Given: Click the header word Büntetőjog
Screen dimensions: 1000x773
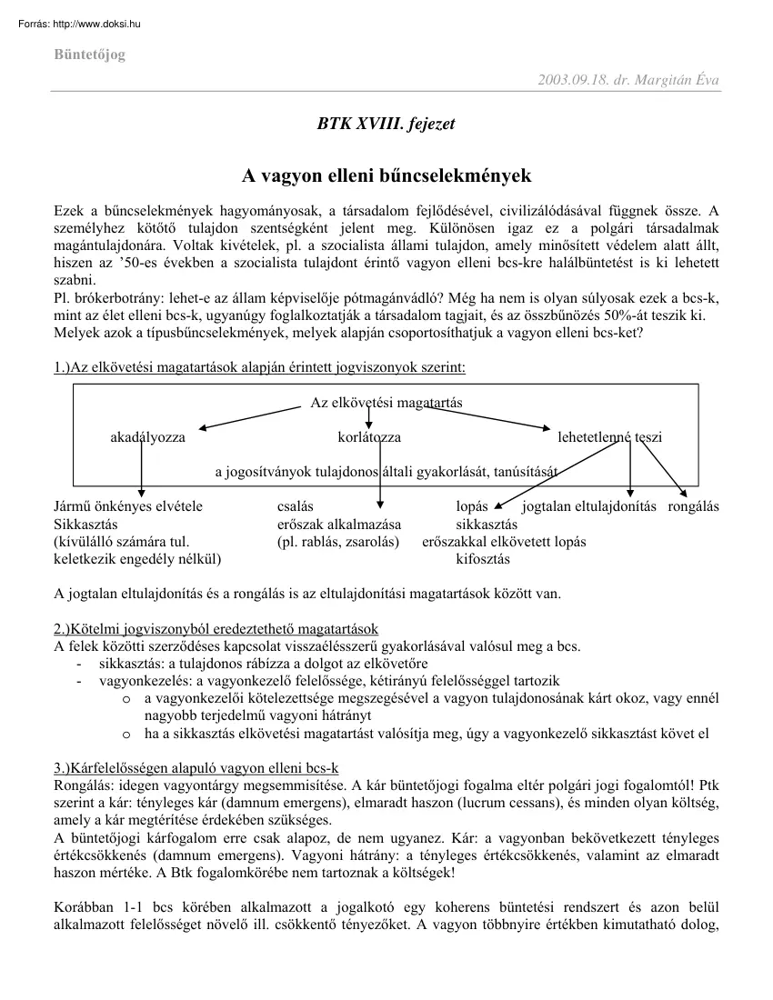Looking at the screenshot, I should (x=89, y=55).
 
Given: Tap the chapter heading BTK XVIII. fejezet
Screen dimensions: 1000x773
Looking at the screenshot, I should (x=386, y=124).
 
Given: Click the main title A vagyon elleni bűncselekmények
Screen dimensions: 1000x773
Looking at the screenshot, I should (x=386, y=175).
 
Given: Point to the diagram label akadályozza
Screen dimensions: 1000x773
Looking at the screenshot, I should (x=147, y=437).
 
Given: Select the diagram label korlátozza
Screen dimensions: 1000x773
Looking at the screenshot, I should (x=368, y=437).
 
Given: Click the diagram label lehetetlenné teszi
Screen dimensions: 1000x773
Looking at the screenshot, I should (x=609, y=437).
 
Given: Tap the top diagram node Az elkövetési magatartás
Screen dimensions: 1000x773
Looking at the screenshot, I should (x=379, y=403).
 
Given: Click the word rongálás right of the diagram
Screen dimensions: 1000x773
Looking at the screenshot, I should (x=693, y=506).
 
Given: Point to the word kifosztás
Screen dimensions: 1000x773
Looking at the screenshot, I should (x=482, y=559).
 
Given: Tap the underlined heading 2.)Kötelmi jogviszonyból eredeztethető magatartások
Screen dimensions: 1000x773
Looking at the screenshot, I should (x=216, y=629).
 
